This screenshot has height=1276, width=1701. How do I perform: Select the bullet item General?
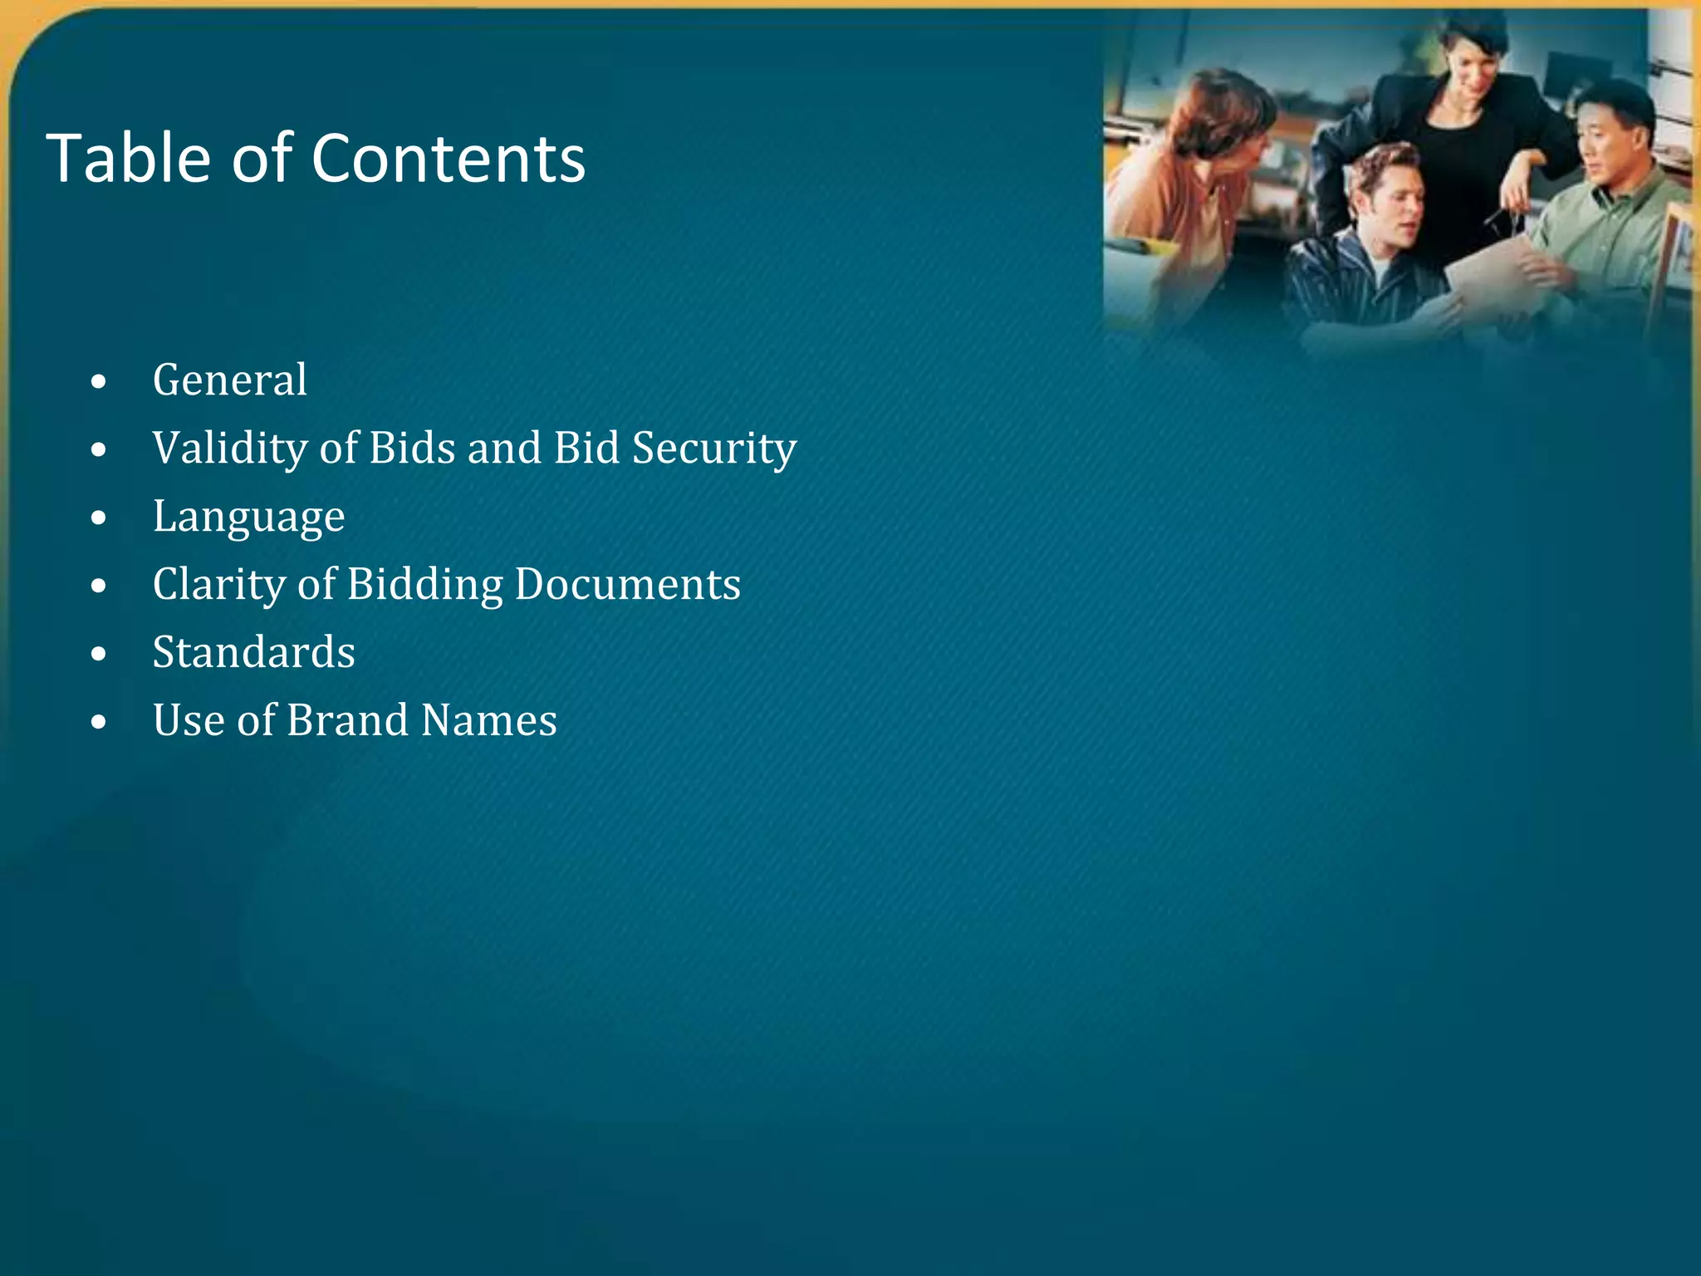(230, 380)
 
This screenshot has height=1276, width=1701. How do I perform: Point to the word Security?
(714, 449)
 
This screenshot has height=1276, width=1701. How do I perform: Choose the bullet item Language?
(248, 517)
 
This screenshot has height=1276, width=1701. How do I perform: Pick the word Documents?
(627, 585)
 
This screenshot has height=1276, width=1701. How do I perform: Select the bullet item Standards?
(253, 652)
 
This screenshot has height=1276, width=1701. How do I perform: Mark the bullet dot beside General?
(100, 382)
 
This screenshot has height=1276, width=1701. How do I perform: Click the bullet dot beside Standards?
(100, 655)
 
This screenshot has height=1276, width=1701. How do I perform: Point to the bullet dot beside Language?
(100, 518)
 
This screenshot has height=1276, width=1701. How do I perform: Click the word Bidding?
(424, 585)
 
